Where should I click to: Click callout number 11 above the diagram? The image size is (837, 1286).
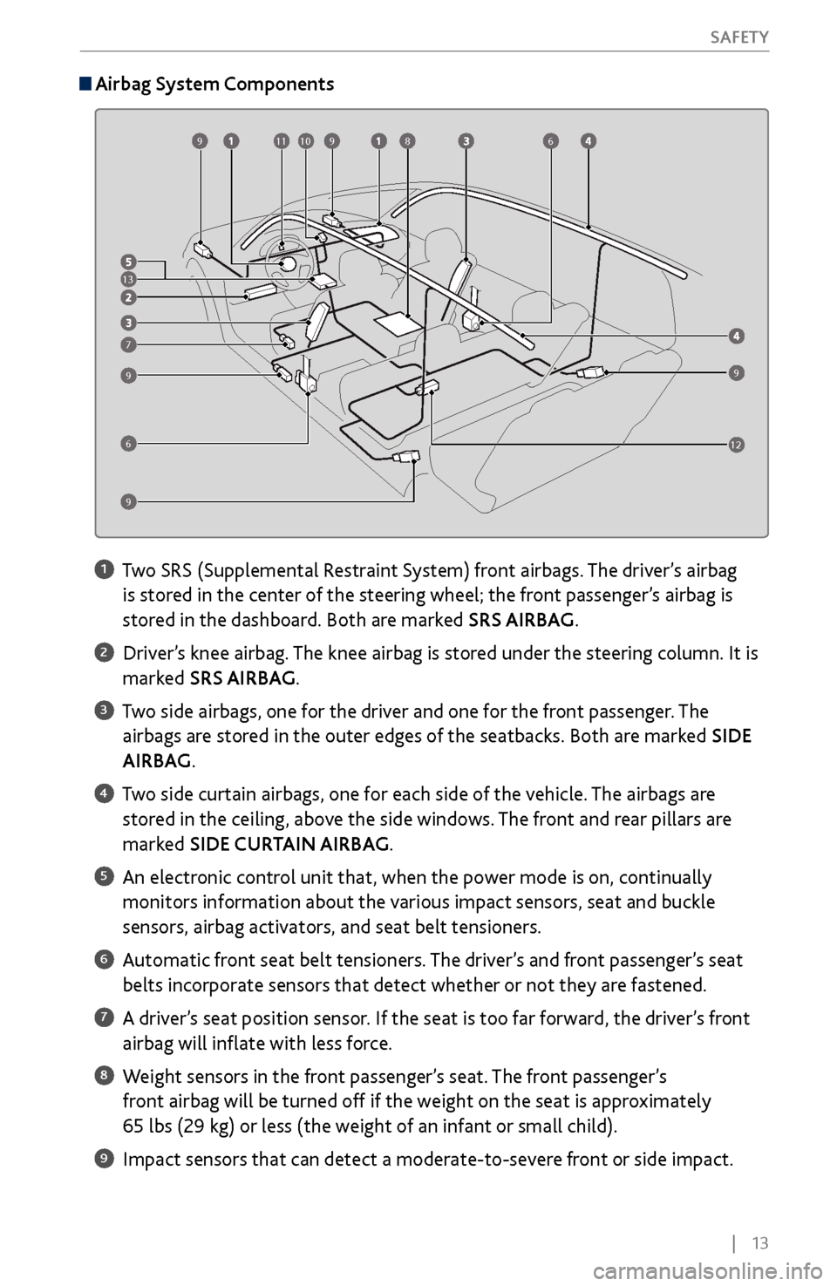point(281,139)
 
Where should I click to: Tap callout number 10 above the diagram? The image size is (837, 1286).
point(305,139)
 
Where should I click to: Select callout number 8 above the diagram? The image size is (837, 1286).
point(407,139)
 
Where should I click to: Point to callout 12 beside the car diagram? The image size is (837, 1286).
point(737,446)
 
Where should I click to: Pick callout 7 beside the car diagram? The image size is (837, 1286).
point(128,345)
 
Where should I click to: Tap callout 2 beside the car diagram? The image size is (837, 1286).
point(128,297)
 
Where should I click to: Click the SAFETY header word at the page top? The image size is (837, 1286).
point(738,37)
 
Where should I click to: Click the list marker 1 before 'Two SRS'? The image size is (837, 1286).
point(102,570)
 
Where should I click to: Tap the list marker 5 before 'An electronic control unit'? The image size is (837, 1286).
point(102,875)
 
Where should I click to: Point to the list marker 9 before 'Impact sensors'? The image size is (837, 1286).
point(102,1158)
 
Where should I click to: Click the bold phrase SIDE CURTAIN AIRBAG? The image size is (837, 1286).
point(289,844)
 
